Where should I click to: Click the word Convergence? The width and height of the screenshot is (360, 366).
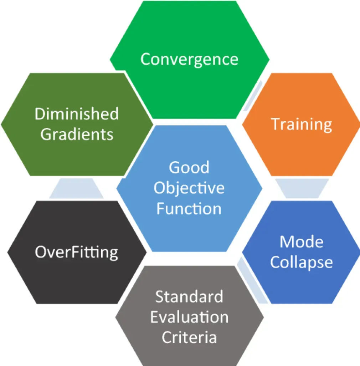189,60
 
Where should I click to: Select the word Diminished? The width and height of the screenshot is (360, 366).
77,114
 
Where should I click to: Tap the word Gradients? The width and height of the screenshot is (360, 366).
77,134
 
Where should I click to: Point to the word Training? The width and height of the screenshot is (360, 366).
301,125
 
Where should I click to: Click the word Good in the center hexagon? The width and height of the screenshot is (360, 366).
189,167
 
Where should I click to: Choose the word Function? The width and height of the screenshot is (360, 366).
189,208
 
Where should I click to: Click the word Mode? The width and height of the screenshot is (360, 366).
302,242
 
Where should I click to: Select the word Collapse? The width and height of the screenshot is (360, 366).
302,263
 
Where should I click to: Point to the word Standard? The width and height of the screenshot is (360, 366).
189,297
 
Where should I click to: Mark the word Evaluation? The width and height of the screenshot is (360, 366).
189,317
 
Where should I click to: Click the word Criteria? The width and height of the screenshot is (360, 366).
189,337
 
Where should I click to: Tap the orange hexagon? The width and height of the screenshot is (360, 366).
301,124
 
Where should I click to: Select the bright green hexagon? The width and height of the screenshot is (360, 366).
190,60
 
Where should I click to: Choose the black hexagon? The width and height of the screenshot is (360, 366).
77,252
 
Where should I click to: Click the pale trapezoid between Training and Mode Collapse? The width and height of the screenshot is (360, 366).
302,188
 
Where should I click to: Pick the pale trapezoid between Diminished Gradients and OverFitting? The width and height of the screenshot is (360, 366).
76,188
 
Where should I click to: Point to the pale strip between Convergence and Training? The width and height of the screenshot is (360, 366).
253,96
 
